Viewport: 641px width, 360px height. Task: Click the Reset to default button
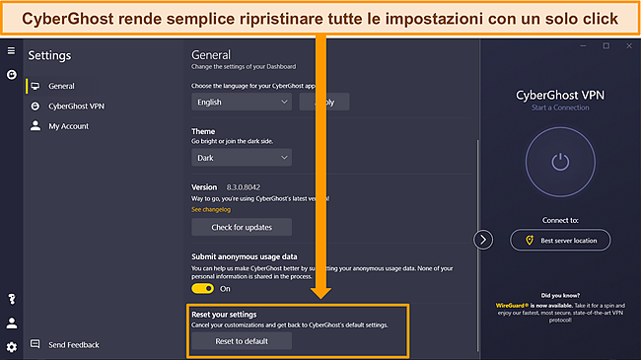241,341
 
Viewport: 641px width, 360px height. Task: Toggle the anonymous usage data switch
204,288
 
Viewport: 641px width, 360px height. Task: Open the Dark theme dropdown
241,157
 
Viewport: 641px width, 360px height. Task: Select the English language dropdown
241,101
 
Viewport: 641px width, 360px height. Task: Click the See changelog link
212,209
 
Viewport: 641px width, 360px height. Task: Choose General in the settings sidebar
61,86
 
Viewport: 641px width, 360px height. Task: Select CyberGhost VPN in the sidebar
75,106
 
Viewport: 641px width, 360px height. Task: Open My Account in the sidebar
68,126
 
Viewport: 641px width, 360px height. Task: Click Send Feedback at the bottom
73,345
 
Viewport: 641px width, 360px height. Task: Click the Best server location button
560,240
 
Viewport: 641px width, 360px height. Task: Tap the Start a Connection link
560,107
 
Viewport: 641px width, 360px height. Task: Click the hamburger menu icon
11,50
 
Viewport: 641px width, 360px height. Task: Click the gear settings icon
11,346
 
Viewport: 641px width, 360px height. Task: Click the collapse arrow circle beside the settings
483,240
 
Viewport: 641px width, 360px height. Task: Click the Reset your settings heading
230,314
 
